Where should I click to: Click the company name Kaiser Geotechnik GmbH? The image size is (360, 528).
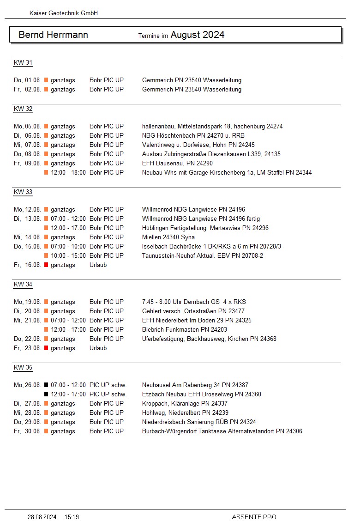point(63,13)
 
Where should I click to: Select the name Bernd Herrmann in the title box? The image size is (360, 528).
point(53,35)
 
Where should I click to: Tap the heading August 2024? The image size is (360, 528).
point(198,35)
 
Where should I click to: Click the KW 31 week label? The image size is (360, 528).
point(23,63)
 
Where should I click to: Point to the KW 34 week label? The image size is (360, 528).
point(23,285)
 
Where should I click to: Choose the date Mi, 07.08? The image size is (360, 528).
point(28,145)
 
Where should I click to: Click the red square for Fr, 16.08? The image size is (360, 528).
point(46,265)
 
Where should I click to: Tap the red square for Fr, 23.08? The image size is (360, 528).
point(46,348)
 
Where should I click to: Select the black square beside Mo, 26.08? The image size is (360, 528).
point(46,385)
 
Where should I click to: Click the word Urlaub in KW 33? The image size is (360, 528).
point(98,265)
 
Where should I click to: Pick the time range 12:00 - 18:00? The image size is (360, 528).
point(68,172)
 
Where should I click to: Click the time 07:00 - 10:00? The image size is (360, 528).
point(68,246)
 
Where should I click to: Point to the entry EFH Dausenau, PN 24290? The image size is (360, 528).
point(177,163)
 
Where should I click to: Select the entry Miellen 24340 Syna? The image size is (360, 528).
point(168,237)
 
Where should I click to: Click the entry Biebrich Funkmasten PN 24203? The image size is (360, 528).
point(185,329)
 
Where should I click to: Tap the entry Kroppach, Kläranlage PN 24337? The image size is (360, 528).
point(185,403)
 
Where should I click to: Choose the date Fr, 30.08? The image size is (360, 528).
point(28,431)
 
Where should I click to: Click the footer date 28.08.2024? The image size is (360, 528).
point(42,517)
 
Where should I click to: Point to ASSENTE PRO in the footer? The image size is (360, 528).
point(254,517)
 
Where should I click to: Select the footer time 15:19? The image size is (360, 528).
point(72,517)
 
